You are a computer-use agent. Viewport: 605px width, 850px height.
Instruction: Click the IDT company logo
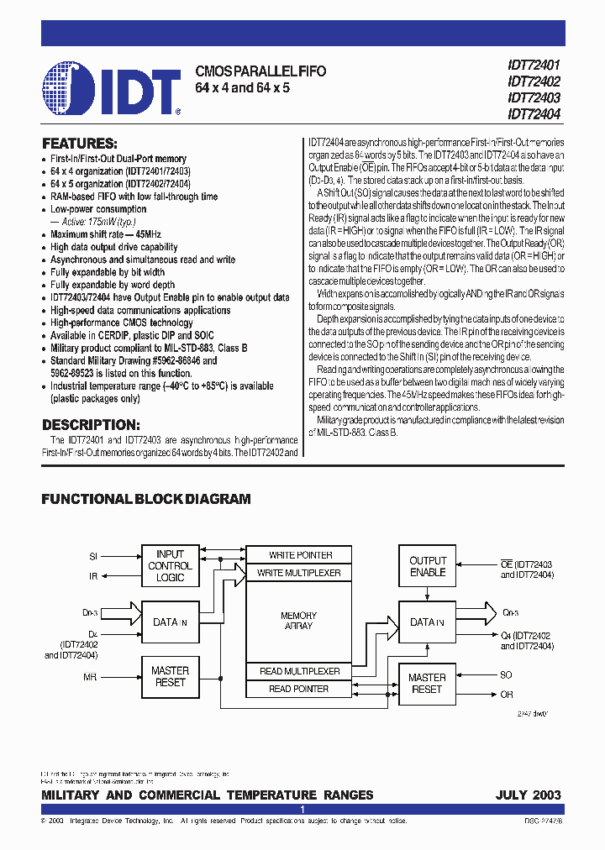[111, 87]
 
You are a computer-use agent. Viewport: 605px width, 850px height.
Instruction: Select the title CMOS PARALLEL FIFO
[260, 72]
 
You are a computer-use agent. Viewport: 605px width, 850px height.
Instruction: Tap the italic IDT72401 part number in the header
[534, 66]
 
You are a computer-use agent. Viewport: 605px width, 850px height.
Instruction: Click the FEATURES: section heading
[80, 144]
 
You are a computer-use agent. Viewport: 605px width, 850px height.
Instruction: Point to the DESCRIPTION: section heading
[91, 425]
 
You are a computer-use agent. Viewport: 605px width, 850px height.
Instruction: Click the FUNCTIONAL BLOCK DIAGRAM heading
[146, 499]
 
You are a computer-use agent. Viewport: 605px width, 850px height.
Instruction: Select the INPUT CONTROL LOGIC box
[170, 566]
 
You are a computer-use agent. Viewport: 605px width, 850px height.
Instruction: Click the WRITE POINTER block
[300, 555]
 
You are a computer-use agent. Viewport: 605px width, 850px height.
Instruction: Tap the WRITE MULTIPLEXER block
[300, 573]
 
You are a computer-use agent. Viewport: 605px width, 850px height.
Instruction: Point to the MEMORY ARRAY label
[298, 621]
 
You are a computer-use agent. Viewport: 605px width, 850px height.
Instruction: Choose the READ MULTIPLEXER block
[299, 671]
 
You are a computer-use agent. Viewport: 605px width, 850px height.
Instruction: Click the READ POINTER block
[299, 689]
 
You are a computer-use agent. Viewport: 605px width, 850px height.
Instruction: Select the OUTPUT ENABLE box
[428, 566]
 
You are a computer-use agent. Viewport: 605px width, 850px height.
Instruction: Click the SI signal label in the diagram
[93, 556]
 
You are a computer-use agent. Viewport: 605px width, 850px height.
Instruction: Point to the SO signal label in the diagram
[506, 675]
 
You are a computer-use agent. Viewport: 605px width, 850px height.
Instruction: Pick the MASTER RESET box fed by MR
[170, 677]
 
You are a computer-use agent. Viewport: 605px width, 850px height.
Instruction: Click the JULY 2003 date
[529, 795]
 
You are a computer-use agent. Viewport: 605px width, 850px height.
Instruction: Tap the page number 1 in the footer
[302, 810]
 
